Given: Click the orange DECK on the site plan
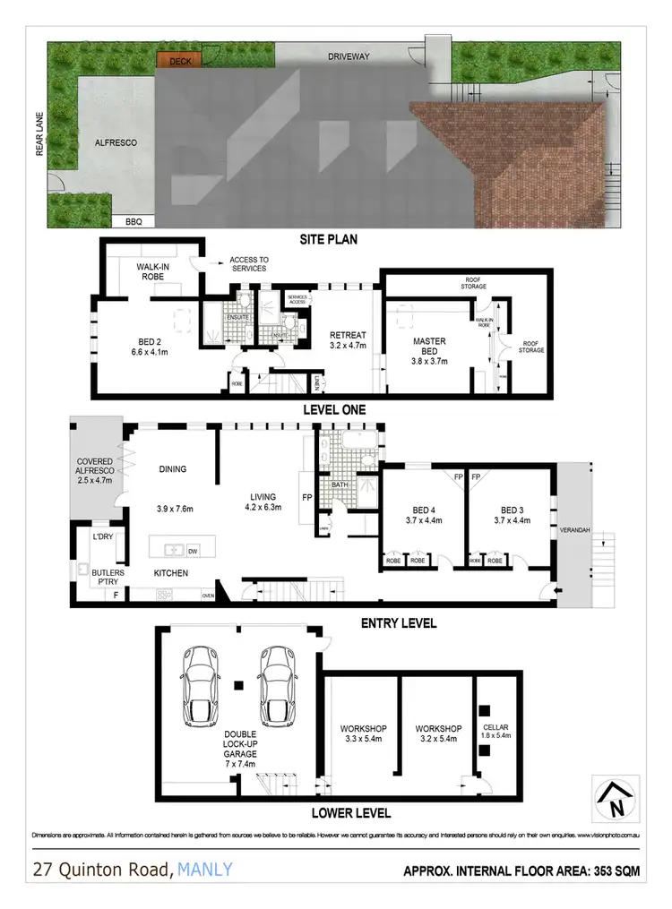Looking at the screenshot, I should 180,61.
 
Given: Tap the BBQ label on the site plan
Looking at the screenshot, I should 133,220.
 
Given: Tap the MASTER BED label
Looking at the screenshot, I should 429,347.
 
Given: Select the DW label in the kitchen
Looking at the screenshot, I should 193,551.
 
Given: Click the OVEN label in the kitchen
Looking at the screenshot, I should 208,595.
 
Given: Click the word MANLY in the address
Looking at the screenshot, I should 205,869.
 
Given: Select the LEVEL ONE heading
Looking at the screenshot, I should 335,409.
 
